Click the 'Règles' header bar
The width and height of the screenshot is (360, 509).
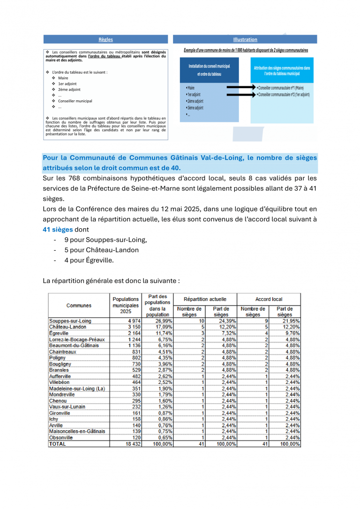(x=105, y=39)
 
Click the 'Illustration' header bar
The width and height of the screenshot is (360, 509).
(x=245, y=39)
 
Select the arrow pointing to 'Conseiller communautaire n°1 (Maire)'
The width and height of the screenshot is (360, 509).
(x=240, y=88)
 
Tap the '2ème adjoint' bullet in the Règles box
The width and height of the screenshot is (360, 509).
(x=69, y=90)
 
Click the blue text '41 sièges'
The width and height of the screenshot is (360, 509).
(x=58, y=230)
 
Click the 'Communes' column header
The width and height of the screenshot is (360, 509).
(x=79, y=306)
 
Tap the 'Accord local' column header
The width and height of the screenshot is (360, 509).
(x=269, y=299)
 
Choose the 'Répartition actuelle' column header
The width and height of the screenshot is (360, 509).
(x=205, y=299)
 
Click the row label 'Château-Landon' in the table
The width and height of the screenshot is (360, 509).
(x=67, y=327)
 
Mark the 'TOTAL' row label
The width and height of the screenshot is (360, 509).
(x=58, y=443)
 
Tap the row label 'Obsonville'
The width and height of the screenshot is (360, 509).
(x=62, y=437)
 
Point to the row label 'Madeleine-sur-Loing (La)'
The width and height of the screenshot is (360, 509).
(x=77, y=389)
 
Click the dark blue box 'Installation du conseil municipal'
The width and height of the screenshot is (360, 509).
(x=209, y=70)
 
